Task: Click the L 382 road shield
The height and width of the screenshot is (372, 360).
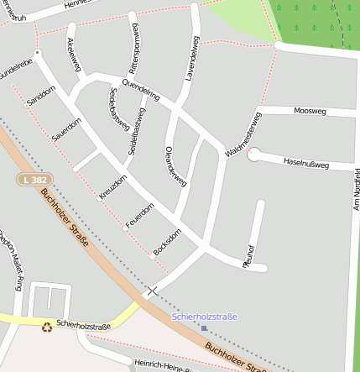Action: (35, 180)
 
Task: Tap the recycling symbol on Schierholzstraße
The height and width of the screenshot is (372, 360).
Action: (47, 326)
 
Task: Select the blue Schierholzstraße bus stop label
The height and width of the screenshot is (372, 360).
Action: (205, 317)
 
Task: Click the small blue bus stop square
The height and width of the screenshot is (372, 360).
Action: (204, 328)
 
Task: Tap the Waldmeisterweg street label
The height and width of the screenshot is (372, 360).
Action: (244, 134)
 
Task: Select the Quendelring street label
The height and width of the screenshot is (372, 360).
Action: (141, 90)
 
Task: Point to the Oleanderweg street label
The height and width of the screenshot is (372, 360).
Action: (176, 165)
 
